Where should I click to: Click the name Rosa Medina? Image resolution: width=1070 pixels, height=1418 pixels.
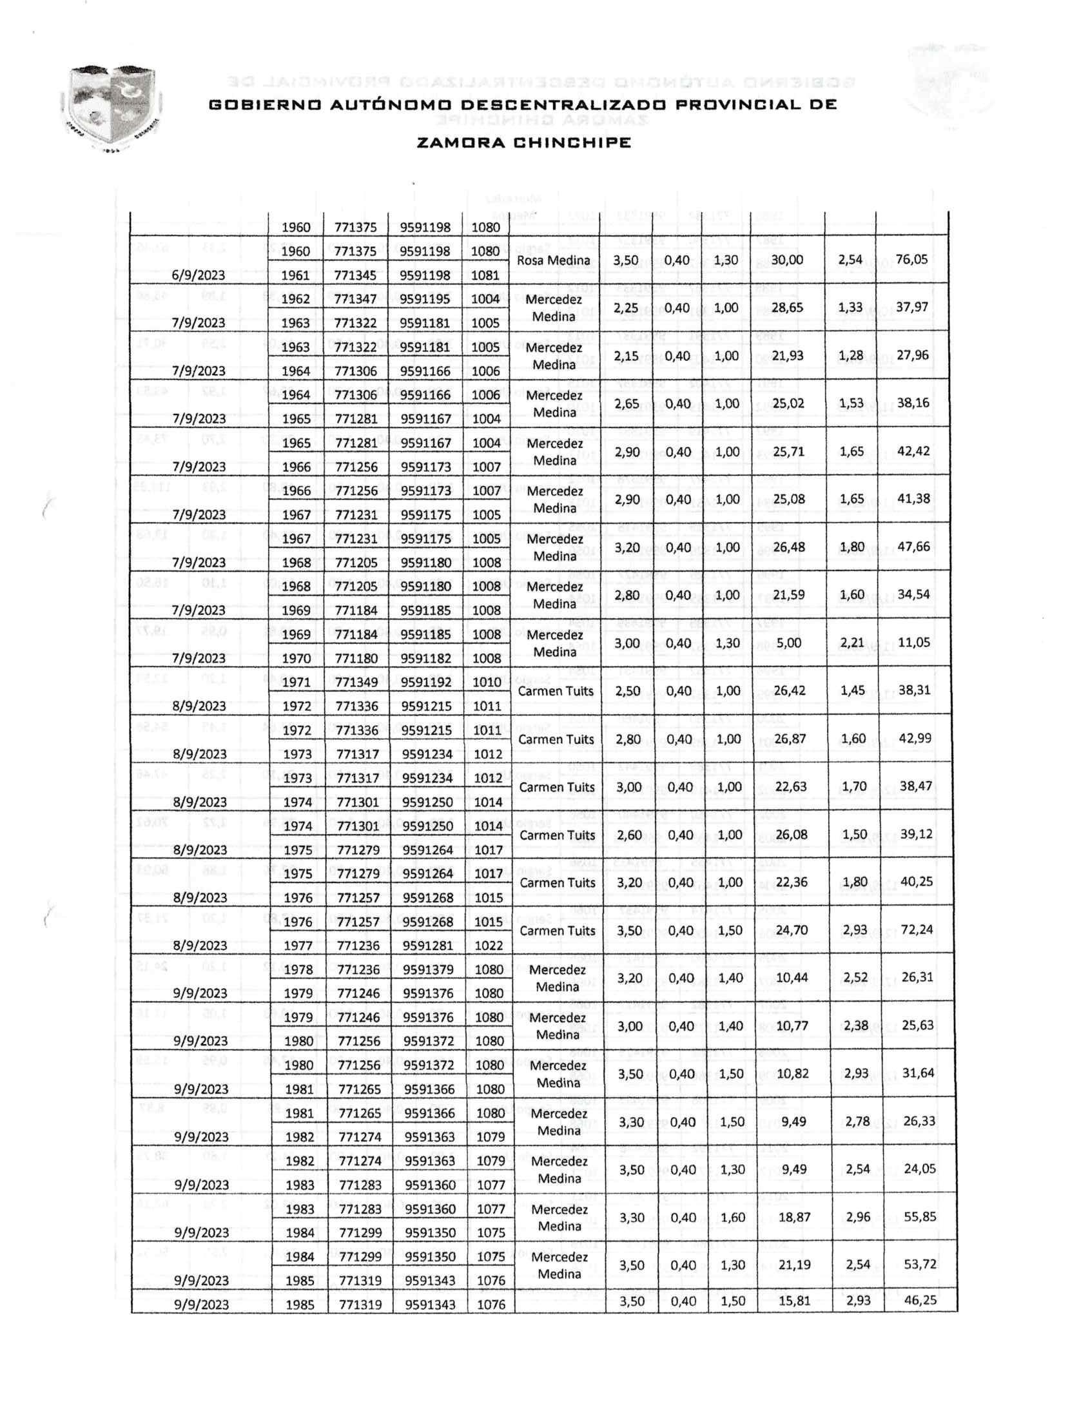click(553, 260)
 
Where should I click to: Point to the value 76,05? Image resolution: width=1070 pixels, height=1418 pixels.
click(911, 259)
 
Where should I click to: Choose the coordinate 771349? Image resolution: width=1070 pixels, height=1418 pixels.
click(355, 682)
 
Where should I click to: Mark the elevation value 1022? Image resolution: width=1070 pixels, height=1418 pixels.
click(488, 946)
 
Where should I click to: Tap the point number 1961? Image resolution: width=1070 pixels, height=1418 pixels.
click(296, 275)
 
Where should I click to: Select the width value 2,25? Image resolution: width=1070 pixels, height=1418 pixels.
click(626, 308)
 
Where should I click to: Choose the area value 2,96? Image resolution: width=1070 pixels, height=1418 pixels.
click(858, 1217)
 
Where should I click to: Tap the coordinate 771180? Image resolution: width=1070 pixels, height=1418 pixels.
click(355, 658)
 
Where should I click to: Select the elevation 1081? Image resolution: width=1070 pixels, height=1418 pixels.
click(485, 275)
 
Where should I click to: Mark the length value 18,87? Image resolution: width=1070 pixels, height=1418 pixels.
click(794, 1217)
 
